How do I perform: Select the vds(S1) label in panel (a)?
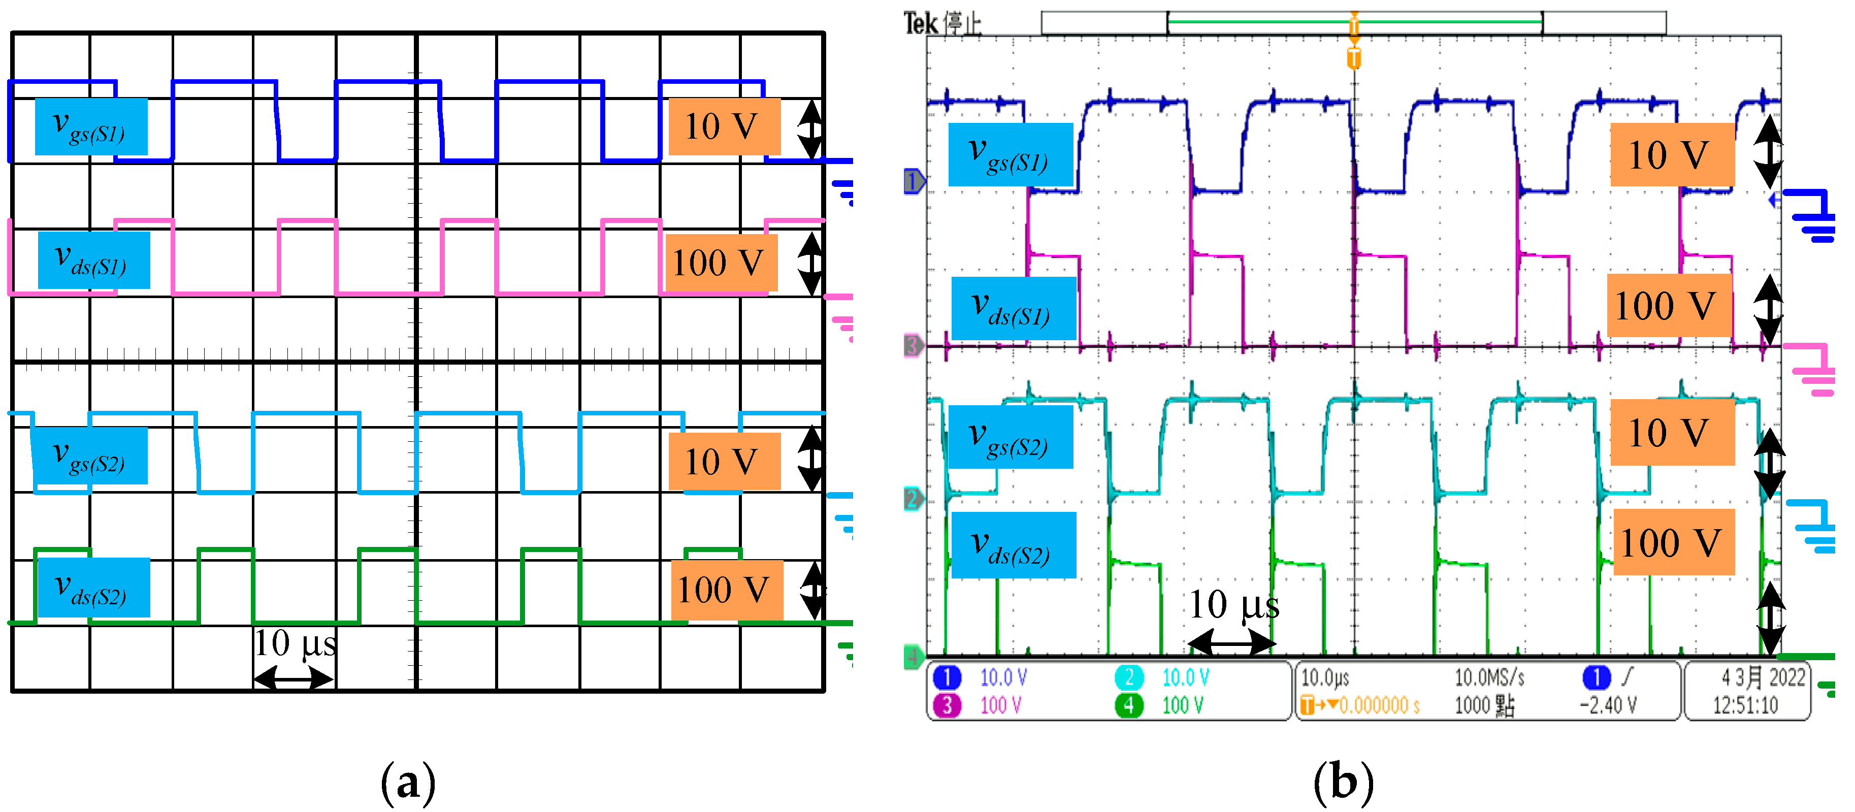(93, 260)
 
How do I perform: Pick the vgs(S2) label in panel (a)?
(91, 456)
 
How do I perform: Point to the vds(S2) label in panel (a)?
(93, 588)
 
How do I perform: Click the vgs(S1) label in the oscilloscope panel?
(1011, 155)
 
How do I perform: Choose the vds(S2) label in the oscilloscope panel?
(1013, 545)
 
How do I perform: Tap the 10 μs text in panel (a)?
(295, 643)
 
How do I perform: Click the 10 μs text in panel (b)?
(1233, 605)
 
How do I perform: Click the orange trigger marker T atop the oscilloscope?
(1354, 57)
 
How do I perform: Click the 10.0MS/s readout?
(1489, 677)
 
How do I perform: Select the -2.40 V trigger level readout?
(1608, 705)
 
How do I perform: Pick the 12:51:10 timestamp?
(1745, 705)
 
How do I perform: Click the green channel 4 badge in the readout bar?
(1128, 705)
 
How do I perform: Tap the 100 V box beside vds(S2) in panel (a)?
(726, 590)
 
